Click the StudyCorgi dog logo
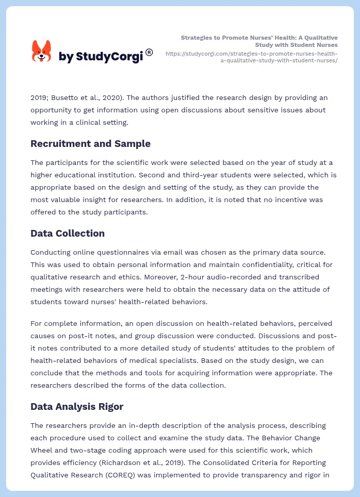(x=42, y=52)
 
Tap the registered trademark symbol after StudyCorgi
(x=149, y=52)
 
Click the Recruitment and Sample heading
(x=90, y=144)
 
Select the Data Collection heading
(x=68, y=234)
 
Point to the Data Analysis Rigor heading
(x=77, y=407)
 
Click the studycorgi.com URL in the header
(x=252, y=57)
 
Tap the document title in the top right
(x=259, y=41)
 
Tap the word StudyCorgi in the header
(x=109, y=57)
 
